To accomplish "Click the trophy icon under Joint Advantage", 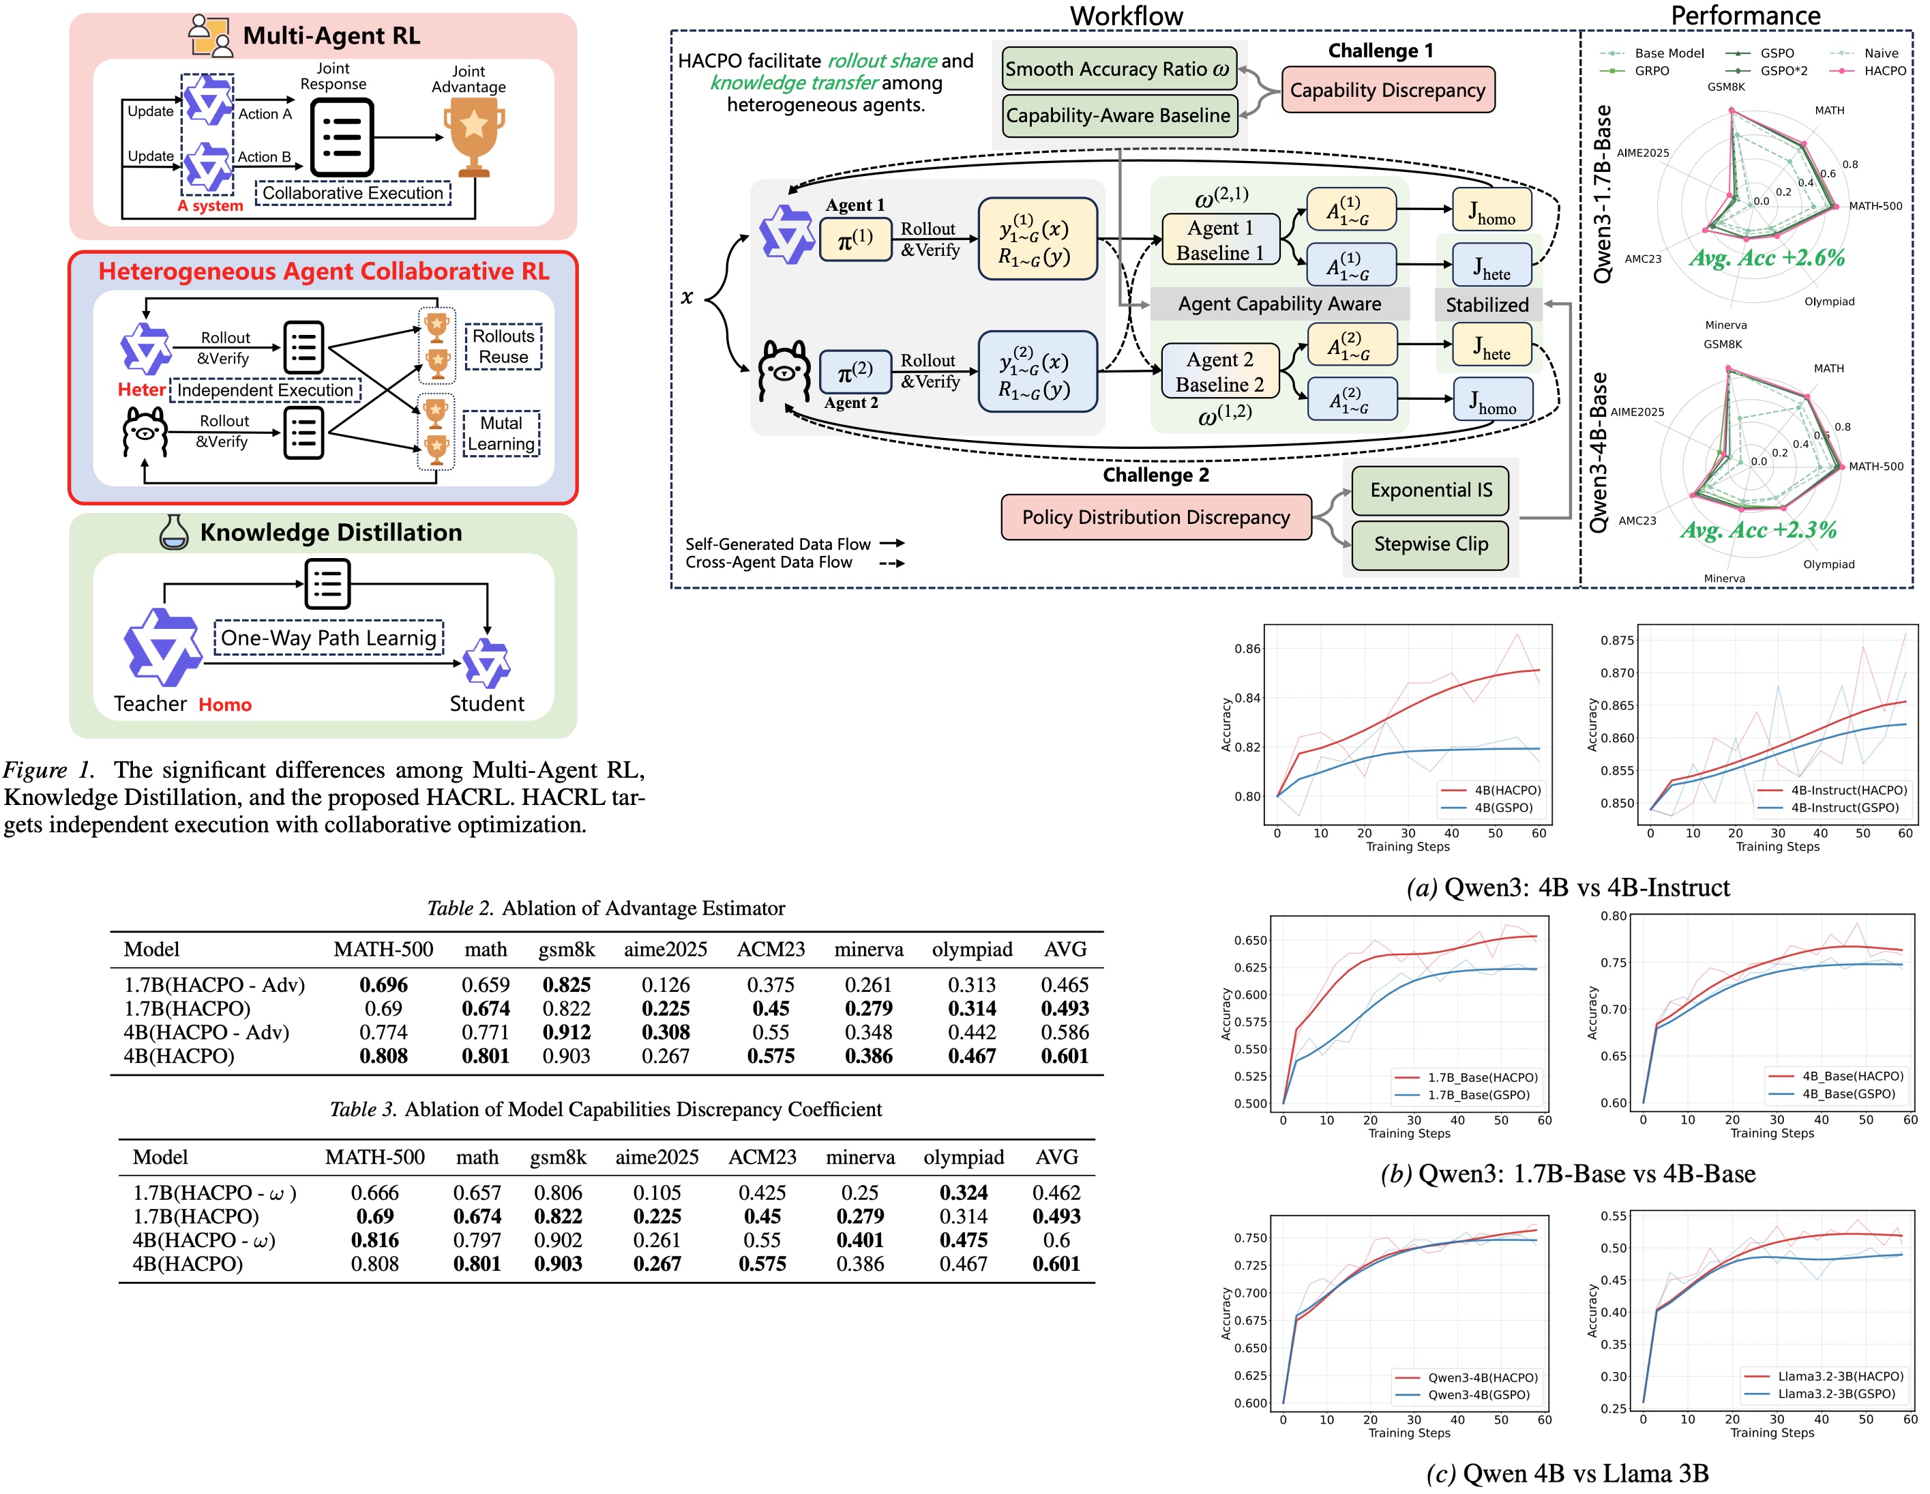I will tap(474, 135).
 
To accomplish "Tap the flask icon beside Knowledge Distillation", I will tap(173, 532).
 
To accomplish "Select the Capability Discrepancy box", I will tap(1387, 90).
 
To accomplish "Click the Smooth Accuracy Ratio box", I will tap(1118, 69).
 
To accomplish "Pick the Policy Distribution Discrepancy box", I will tap(1155, 517).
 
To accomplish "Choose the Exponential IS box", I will tap(1430, 490).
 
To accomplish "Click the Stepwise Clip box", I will tap(1430, 544).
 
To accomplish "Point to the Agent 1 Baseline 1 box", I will tap(1219, 240).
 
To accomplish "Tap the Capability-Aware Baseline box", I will tap(1118, 116).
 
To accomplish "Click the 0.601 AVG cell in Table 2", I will tap(1064, 1057).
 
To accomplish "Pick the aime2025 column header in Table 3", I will tap(657, 1157).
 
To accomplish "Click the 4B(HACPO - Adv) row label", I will tap(207, 1033).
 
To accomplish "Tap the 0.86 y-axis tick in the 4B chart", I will tap(1247, 649).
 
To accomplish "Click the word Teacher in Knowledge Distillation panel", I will tap(150, 704).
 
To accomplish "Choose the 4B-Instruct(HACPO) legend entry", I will tap(1847, 790).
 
